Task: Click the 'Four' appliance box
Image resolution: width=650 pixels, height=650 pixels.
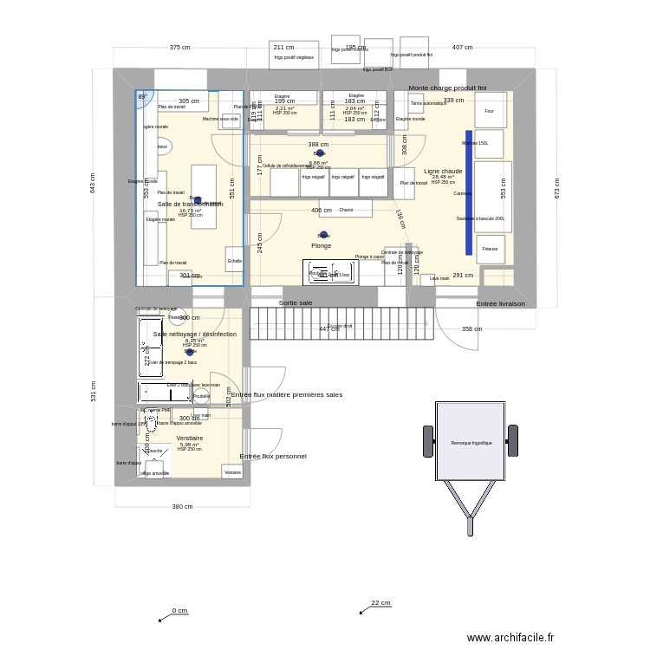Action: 489,111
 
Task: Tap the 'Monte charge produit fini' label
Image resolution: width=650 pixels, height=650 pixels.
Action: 447,88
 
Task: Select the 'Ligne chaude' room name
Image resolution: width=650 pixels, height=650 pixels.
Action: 443,171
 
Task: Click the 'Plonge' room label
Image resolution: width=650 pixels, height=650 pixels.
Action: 321,245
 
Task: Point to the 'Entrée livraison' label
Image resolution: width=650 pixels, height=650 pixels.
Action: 500,304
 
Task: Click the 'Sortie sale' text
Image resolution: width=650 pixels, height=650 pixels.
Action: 296,303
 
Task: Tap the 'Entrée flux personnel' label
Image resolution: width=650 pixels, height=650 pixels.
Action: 273,456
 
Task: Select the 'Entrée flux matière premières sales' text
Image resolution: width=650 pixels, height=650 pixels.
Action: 286,394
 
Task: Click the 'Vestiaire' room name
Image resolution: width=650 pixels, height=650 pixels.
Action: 189,439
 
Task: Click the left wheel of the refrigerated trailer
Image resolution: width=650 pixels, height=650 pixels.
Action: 427,441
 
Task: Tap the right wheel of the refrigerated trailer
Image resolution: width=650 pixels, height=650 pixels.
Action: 513,441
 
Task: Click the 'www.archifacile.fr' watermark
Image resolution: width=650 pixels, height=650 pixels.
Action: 510,637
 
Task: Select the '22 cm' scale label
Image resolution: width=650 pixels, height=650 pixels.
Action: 380,603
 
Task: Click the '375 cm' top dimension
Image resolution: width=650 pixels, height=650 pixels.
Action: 179,48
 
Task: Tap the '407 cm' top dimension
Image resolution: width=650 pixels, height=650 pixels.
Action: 462,48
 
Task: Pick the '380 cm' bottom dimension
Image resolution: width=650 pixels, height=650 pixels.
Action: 182,506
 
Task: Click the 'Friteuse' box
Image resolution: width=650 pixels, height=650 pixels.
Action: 490,249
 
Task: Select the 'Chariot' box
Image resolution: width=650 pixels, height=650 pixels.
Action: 346,209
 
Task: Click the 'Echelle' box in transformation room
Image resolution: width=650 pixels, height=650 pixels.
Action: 234,260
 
